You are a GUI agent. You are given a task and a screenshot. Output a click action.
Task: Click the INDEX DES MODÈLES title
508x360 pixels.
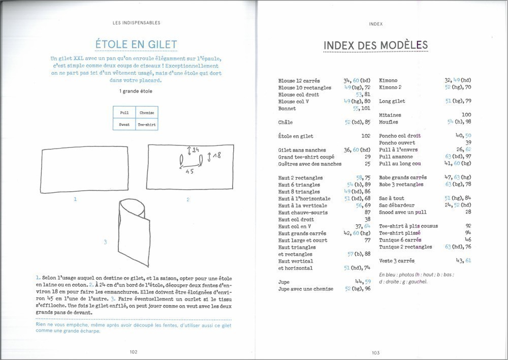point(375,45)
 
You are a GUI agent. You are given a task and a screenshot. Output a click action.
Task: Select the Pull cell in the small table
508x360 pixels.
point(124,112)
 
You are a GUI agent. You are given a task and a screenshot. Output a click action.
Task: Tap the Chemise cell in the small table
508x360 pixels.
point(146,112)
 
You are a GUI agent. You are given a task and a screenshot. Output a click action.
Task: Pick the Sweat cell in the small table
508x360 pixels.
point(124,125)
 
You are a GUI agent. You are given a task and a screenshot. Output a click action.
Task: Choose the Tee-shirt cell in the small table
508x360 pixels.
point(146,125)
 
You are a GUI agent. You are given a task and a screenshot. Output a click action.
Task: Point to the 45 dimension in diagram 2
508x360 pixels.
point(189,172)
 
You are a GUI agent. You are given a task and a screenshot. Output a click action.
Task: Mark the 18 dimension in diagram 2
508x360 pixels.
point(216,156)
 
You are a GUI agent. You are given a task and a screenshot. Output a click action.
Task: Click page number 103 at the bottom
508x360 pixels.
point(376,352)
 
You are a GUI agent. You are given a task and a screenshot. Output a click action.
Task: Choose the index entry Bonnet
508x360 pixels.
point(287,108)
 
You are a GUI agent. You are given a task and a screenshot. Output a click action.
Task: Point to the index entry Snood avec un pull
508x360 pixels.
point(403,212)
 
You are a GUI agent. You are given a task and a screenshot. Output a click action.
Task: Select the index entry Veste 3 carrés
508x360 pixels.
point(397,261)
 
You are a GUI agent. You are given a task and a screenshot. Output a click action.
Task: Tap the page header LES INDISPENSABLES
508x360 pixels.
point(136,22)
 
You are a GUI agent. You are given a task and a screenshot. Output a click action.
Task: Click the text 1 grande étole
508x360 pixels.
point(136,91)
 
